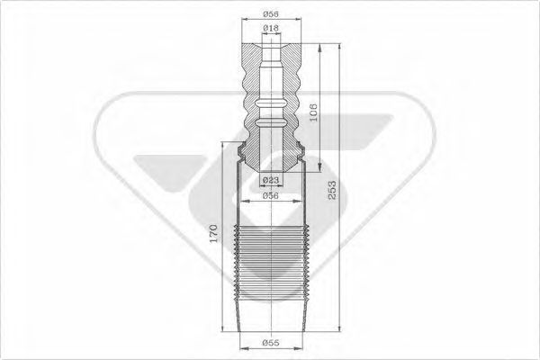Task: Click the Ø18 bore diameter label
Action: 270,29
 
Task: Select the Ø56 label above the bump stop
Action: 270,13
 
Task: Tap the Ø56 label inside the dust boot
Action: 270,196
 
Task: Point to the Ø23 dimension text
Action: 270,181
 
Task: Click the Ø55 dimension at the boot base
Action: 270,342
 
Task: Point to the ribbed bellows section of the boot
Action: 270,265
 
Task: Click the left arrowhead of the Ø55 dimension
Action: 239,349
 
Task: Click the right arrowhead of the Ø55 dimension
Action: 301,349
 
